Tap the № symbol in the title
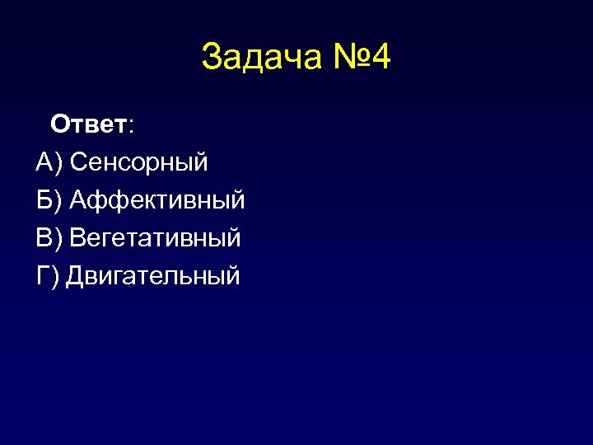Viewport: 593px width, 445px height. pos(346,58)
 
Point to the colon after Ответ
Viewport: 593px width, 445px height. pos(132,126)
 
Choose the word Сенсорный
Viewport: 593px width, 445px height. pos(139,162)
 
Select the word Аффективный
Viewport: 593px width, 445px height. pos(157,200)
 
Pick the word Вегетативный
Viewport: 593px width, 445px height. pos(156,238)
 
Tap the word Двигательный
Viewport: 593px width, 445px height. pos(153,276)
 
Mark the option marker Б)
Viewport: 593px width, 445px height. pos(49,200)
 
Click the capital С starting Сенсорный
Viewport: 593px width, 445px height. pos(79,162)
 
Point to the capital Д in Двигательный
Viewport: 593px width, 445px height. pos(76,276)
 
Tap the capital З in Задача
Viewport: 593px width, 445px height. pos(211,58)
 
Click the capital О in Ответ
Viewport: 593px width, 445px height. pos(60,124)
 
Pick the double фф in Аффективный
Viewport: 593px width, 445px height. pos(105,200)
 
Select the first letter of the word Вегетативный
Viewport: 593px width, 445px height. pos(79,238)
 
